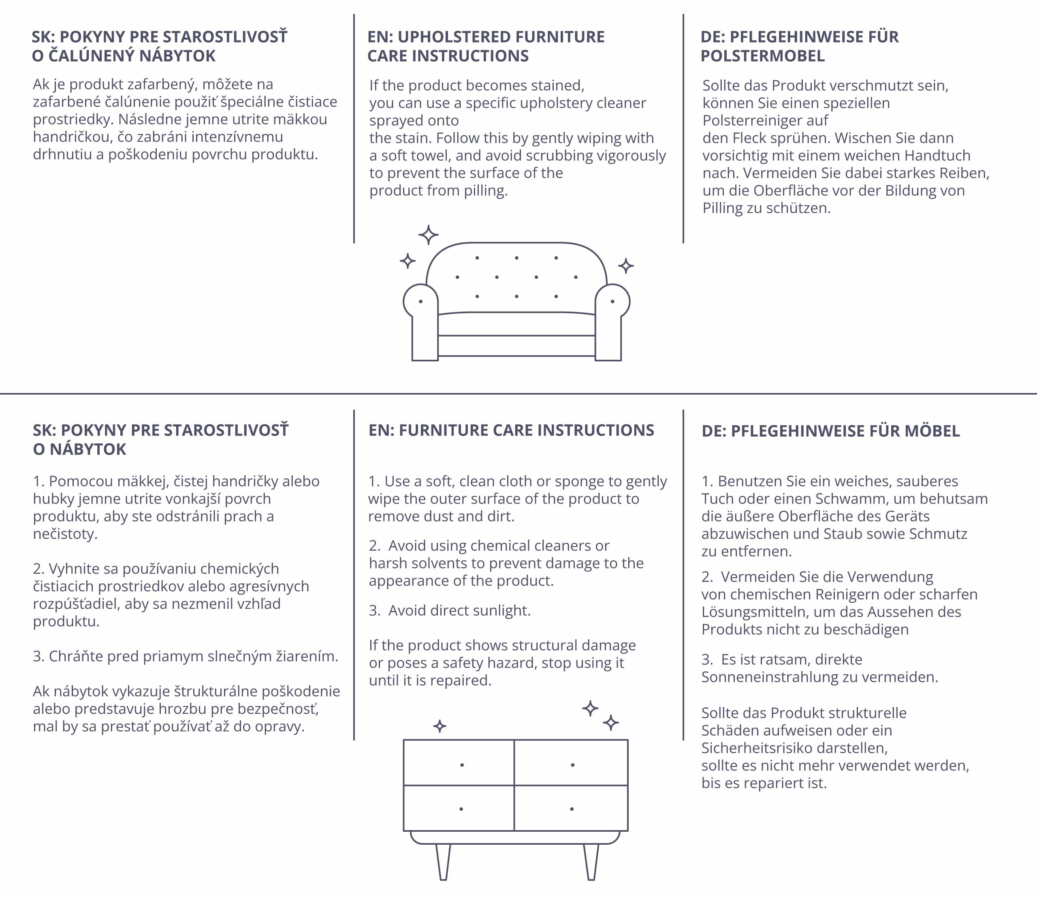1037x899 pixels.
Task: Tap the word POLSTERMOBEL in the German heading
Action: [x=763, y=56]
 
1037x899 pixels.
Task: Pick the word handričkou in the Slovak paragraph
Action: [x=72, y=137]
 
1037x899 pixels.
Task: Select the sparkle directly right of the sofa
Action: [x=625, y=266]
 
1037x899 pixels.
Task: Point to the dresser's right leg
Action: [x=591, y=861]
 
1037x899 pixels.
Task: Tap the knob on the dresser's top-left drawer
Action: [x=462, y=765]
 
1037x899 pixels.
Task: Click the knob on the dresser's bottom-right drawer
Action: [x=572, y=809]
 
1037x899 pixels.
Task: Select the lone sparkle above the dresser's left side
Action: [x=440, y=726]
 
